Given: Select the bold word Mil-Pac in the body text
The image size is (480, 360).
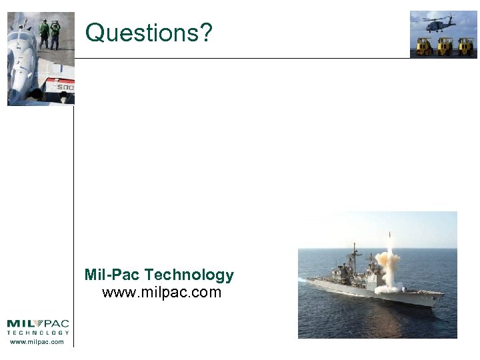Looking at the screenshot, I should click(112, 275).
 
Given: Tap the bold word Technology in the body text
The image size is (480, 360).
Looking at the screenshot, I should click(189, 275).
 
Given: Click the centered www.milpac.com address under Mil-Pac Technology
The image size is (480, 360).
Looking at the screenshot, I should click(161, 292).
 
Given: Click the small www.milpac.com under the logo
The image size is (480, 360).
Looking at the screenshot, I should click(37, 342).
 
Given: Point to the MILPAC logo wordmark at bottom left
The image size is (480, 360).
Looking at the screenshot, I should click(38, 324).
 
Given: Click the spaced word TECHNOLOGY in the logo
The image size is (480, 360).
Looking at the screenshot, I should click(38, 333).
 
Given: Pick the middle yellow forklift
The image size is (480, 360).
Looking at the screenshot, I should click(445, 46).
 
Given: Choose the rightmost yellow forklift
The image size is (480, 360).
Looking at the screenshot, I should click(465, 46).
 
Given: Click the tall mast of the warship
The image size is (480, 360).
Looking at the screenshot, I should click(354, 257).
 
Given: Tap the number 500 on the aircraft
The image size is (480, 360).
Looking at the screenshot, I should click(65, 87).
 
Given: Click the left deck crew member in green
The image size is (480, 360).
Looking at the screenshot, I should click(44, 33).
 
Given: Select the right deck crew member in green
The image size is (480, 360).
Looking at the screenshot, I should click(55, 33).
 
